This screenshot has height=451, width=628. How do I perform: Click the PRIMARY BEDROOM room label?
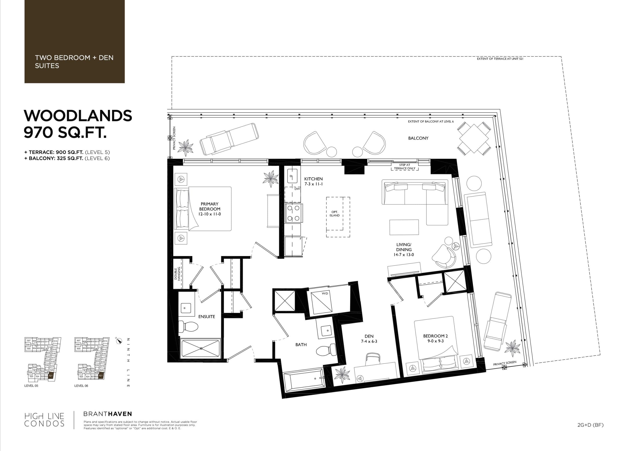(x=209, y=209)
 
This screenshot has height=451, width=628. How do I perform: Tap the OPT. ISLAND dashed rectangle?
(x=338, y=217)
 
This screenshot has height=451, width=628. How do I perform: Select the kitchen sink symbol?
(x=292, y=176)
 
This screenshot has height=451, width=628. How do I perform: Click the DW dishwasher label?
(x=297, y=189)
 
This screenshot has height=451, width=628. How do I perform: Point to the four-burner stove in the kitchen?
(x=293, y=213)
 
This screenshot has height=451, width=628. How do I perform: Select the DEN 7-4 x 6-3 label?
(x=369, y=339)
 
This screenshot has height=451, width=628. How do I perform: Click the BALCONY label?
(x=418, y=138)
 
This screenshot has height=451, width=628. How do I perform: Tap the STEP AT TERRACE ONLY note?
(x=405, y=167)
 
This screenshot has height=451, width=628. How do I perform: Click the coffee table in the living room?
(x=404, y=227)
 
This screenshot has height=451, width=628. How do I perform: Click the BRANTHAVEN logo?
(x=107, y=414)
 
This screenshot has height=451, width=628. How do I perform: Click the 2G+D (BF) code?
(x=590, y=425)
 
